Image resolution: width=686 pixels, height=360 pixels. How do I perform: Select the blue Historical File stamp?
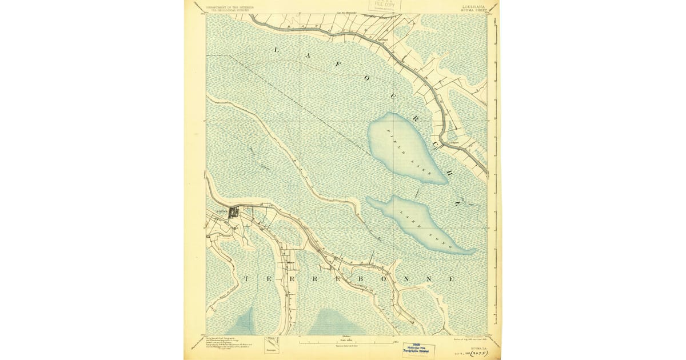pyautogui.click(x=418, y=349)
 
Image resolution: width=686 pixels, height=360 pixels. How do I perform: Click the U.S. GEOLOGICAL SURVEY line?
pyautogui.click(x=229, y=10)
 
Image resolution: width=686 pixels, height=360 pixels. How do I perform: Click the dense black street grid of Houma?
pyautogui.click(x=233, y=213)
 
